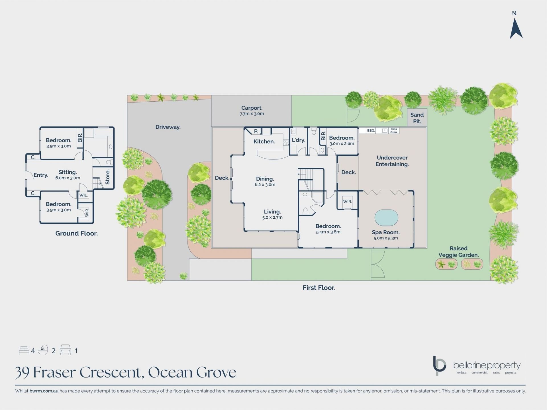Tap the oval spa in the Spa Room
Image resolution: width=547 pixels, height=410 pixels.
click(x=386, y=218)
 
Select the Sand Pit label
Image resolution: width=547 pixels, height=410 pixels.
click(x=417, y=118)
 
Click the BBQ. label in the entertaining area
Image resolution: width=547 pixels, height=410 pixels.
click(x=371, y=130)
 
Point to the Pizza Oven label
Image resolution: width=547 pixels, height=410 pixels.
click(x=394, y=131)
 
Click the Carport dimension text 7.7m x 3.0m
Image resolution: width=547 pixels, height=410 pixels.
click(x=252, y=114)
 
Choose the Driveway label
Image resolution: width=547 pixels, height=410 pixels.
click(x=168, y=127)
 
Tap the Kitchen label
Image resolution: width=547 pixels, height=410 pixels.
click(x=264, y=142)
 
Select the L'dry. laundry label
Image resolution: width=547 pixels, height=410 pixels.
click(x=298, y=140)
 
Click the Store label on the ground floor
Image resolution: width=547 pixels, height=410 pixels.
click(x=107, y=177)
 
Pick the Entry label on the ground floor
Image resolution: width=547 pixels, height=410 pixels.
click(x=41, y=175)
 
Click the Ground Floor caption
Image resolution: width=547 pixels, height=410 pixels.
click(x=76, y=233)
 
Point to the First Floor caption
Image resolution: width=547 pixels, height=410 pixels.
click(x=319, y=288)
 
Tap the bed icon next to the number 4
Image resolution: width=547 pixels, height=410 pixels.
click(x=24, y=350)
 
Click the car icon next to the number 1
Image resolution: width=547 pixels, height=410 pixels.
click(x=65, y=350)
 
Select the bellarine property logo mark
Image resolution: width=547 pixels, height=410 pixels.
click(x=439, y=366)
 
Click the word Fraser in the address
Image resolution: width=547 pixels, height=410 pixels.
click(x=55, y=372)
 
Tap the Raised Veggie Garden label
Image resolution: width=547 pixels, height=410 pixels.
click(x=458, y=252)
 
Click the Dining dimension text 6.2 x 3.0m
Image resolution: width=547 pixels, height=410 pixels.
click(x=265, y=184)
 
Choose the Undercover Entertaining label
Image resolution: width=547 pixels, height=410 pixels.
click(x=392, y=161)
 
